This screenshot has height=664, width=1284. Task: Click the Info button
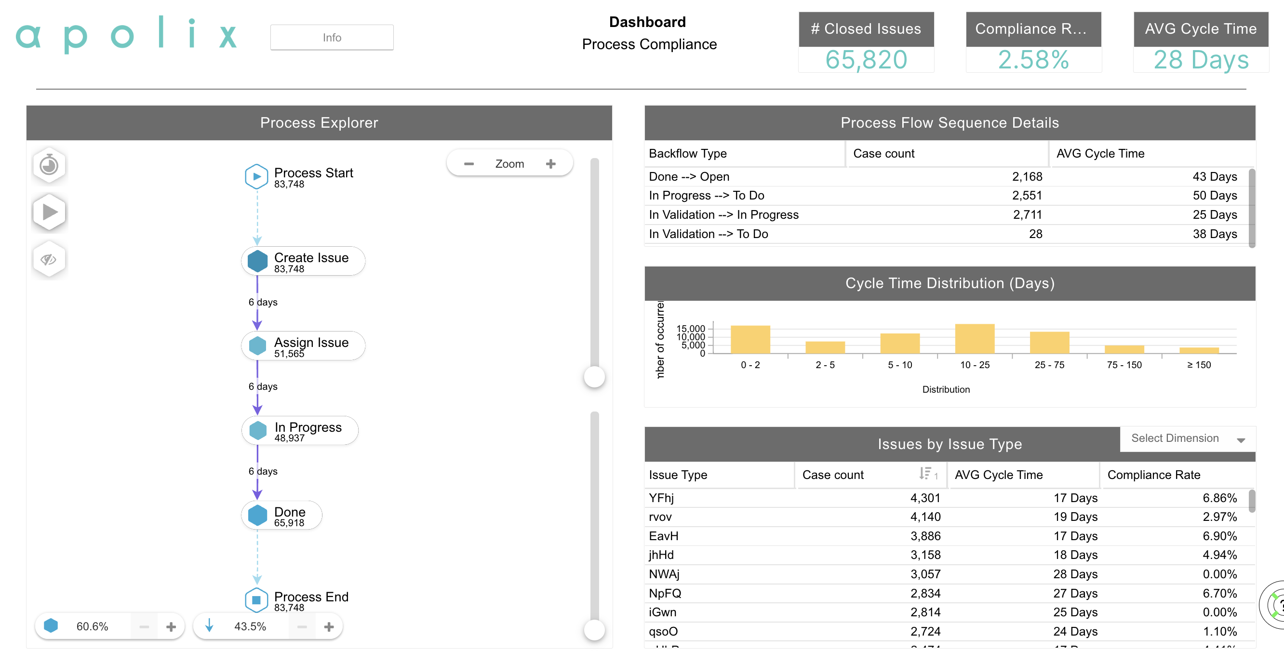[332, 38]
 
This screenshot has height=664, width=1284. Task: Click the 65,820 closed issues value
[866, 60]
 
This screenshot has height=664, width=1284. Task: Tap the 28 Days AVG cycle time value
[1201, 60]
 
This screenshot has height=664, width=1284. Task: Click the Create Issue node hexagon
[257, 261]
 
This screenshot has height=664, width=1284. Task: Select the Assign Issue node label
[311, 343]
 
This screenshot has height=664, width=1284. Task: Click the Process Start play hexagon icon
[256, 176]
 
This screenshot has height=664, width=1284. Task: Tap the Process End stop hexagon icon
[256, 600]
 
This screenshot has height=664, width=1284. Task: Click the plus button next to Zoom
[550, 164]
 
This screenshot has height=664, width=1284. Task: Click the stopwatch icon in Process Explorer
[49, 164]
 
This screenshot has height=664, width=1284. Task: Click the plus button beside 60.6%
[171, 626]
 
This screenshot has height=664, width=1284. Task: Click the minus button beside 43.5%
[302, 626]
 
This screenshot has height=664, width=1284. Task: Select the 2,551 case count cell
[1027, 196]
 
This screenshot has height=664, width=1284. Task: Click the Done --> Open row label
[689, 176]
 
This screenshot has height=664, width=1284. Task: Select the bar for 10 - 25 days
[975, 339]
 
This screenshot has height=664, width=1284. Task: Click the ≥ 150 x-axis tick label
[1198, 365]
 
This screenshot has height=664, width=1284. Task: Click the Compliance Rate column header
[1153, 475]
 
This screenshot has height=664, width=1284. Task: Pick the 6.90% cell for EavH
[1219, 536]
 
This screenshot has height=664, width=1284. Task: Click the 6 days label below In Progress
[263, 471]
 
